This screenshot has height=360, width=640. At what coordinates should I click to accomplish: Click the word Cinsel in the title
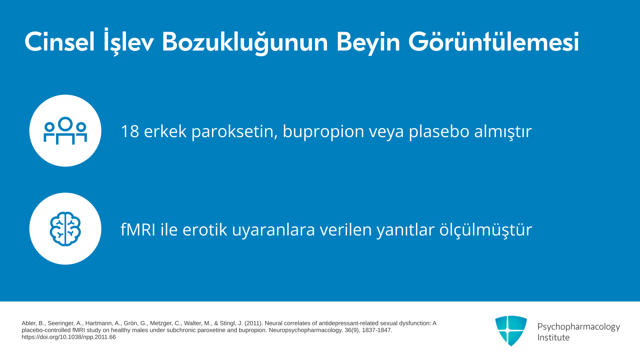pos(60,42)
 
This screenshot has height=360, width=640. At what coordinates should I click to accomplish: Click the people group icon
pos(65,130)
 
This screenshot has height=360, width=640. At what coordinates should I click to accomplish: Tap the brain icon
pos(65,229)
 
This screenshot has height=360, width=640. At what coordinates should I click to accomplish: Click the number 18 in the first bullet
pos(130,131)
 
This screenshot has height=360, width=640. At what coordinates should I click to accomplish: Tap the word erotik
pos(205,229)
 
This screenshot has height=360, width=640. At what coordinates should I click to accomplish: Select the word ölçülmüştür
pos(486,230)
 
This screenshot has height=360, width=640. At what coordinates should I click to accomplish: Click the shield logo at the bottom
pos(511,331)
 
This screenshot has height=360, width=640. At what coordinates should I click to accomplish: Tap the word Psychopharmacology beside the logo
pos(579,327)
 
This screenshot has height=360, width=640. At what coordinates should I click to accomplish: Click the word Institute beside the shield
pos(553,338)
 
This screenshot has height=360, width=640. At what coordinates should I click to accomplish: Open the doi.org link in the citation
pos(69,337)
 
